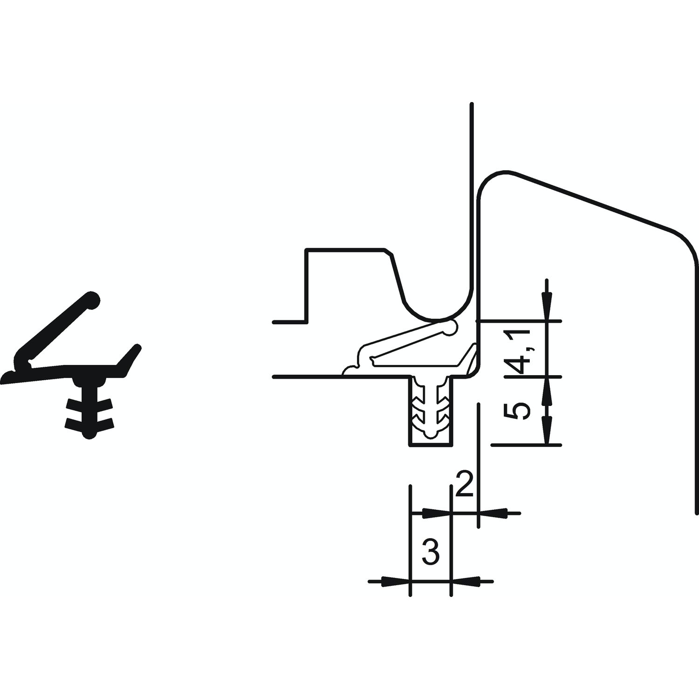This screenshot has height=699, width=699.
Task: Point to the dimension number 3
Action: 431,551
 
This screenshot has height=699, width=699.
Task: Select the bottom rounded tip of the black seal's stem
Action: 89,434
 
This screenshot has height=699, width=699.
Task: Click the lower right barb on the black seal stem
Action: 103,423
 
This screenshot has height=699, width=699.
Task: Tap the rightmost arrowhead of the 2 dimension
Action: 493,514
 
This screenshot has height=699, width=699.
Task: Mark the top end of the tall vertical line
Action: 472,103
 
